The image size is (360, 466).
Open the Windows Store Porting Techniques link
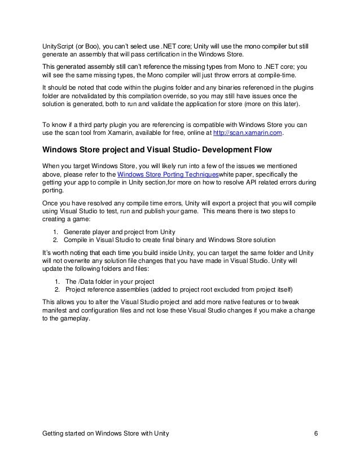click(x=170, y=175)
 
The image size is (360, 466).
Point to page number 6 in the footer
click(x=317, y=433)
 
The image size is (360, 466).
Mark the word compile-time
click(x=277, y=76)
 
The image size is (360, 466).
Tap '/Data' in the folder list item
click(x=86, y=282)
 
